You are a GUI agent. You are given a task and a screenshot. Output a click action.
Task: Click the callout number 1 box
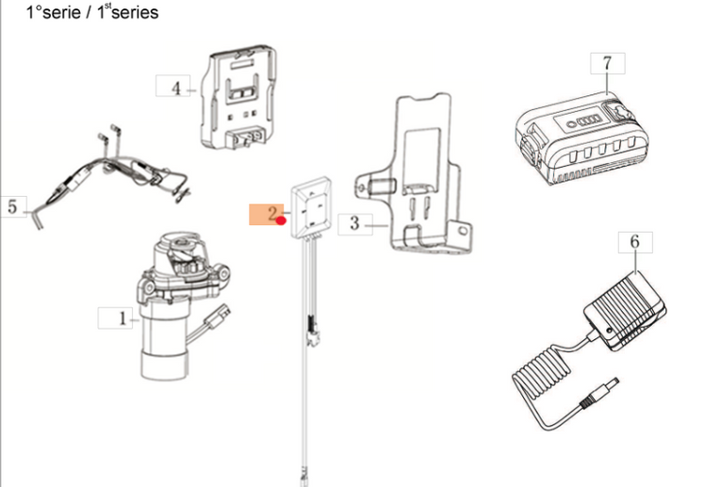(x=121, y=318)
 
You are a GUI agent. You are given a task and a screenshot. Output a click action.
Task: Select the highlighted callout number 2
(x=267, y=215)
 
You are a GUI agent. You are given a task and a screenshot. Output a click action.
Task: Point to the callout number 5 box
(x=12, y=206)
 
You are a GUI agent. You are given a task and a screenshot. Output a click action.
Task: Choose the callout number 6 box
(x=634, y=243)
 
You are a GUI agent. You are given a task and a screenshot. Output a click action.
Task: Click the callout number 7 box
(x=607, y=64)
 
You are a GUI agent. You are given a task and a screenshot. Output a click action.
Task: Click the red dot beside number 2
(x=281, y=220)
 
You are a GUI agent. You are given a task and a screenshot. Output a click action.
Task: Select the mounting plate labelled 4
(x=240, y=99)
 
